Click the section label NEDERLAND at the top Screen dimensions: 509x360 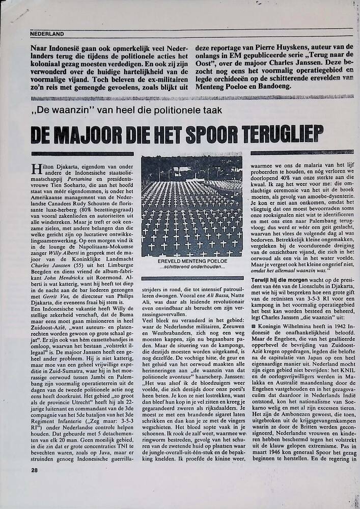point(47,34)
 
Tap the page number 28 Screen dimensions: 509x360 point(34,470)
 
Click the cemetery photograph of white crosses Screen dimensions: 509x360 point(191,206)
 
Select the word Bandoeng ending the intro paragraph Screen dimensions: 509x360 point(272,86)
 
